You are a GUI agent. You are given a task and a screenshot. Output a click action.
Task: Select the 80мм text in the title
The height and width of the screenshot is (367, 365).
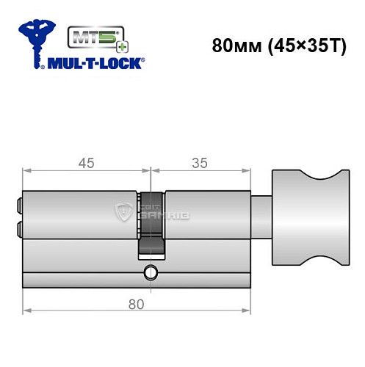pos(234,46)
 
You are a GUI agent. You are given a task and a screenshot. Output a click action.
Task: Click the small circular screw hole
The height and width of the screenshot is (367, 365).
pos(151,274)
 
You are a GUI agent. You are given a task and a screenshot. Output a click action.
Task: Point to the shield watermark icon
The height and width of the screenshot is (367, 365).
pos(123,214)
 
